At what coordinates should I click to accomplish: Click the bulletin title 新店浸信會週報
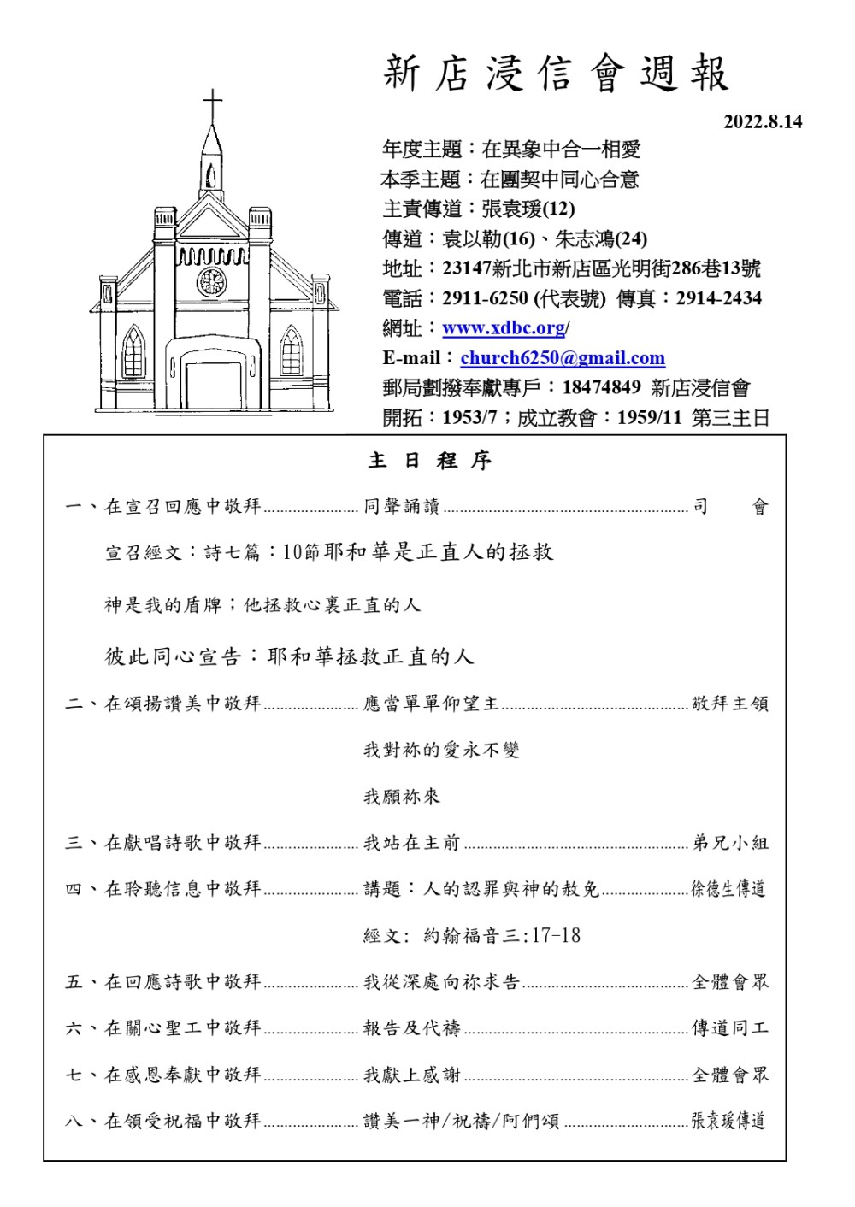tap(556, 74)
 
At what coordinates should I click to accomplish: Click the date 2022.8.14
tap(763, 122)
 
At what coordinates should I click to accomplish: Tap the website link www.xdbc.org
tap(504, 328)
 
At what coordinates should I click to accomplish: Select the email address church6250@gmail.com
tap(562, 358)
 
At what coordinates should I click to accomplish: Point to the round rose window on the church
tap(211, 281)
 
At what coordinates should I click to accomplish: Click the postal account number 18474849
tap(601, 387)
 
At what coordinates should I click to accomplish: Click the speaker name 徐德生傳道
tap(728, 889)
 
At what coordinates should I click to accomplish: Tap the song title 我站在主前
tap(411, 843)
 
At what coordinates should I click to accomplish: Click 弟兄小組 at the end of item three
tap(730, 843)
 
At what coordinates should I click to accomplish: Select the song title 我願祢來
tap(402, 797)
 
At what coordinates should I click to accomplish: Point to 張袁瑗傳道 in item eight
tap(728, 1121)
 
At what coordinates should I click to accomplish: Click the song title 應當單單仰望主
tap(431, 704)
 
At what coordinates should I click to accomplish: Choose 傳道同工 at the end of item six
tap(730, 1028)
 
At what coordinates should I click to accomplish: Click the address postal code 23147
tap(466, 268)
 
